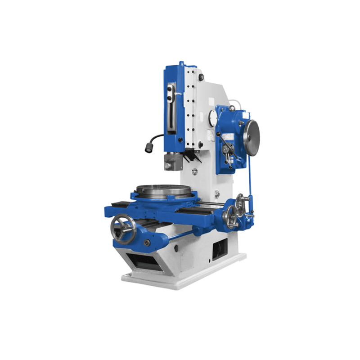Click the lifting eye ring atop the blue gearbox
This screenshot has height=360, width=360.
coord(231,108)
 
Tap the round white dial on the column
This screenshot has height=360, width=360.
coord(213,118)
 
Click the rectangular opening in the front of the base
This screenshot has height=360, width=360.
coord(143,261)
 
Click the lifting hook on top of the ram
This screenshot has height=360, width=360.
coord(181,63)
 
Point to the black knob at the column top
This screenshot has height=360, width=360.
coord(202,78)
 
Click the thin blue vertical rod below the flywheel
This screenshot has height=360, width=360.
coord(249,180)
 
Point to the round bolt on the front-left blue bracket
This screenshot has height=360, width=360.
coord(147,243)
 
